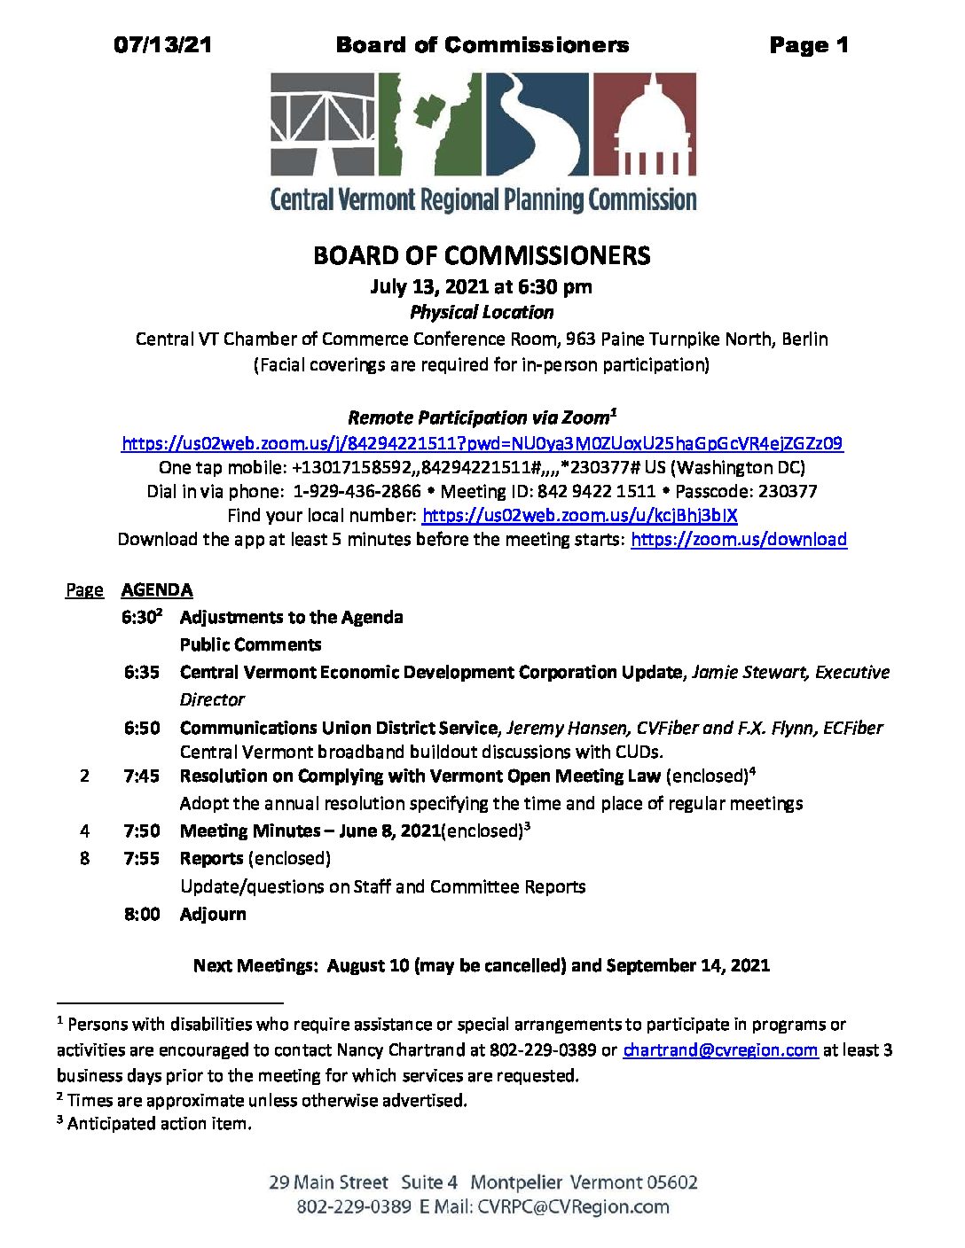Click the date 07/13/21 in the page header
pyautogui.click(x=162, y=45)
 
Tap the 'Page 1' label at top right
pyautogui.click(x=808, y=45)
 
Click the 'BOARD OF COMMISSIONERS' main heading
pyautogui.click(x=482, y=256)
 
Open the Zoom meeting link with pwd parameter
pyautogui.click(x=482, y=443)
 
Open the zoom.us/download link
pyautogui.click(x=738, y=539)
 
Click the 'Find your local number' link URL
pyautogui.click(x=579, y=515)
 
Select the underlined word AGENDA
pyautogui.click(x=157, y=590)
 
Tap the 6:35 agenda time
pyautogui.click(x=142, y=673)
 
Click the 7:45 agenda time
pyautogui.click(x=142, y=776)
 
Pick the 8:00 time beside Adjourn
pyautogui.click(x=142, y=915)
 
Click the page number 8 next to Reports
pyautogui.click(x=84, y=859)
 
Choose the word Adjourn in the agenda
pyautogui.click(x=213, y=915)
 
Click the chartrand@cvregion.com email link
pyautogui.click(x=719, y=1050)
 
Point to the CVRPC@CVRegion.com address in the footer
pyautogui.click(x=573, y=1207)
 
